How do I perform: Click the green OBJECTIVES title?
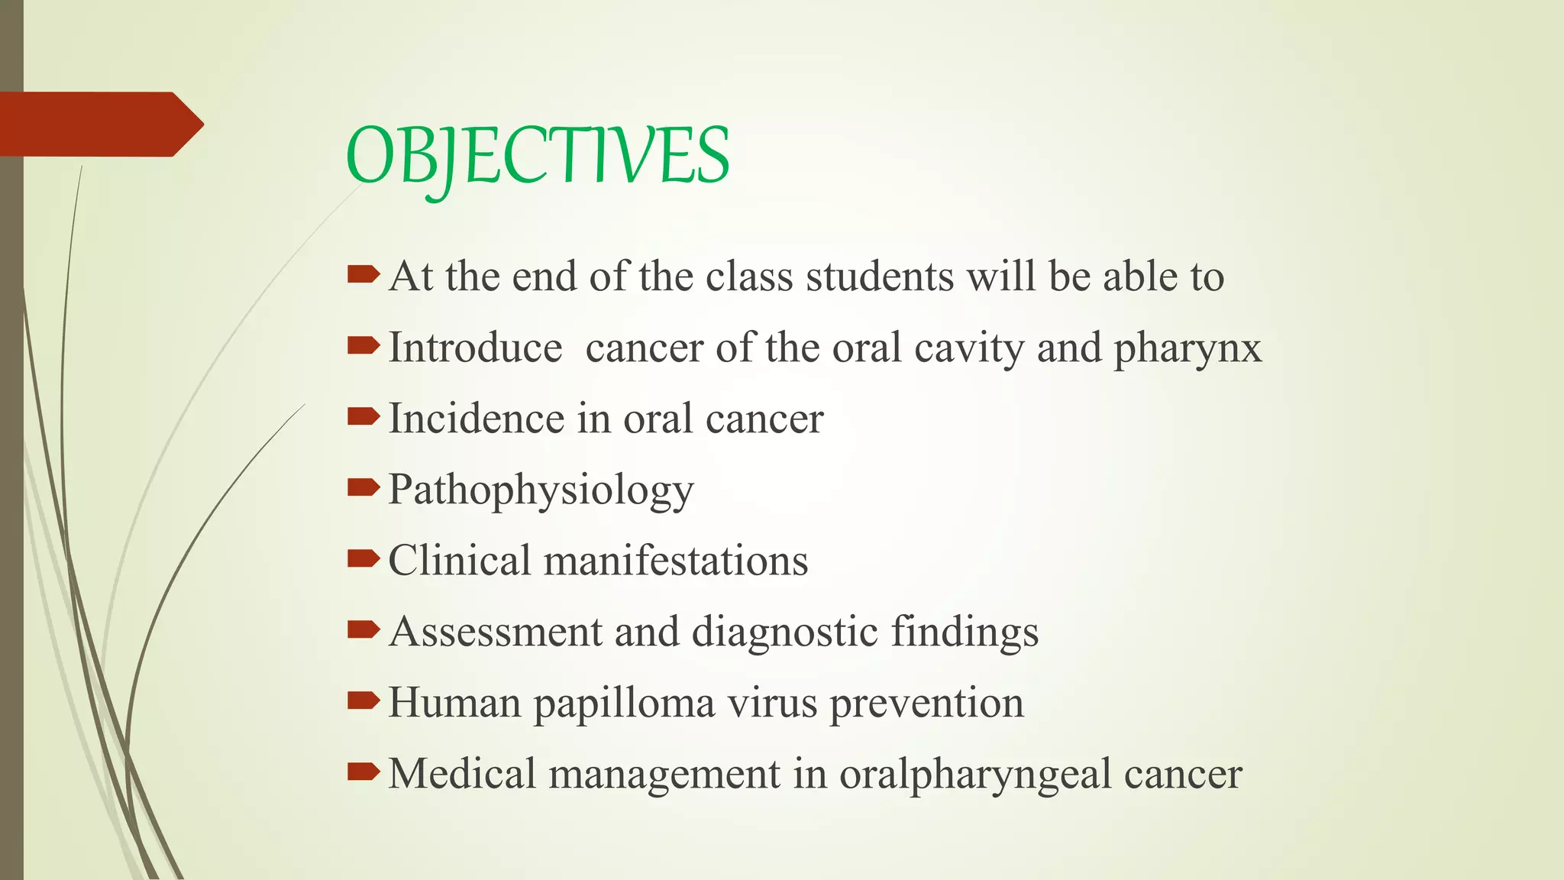coord(538,157)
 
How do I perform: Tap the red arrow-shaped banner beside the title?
coord(99,124)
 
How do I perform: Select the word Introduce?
coord(475,348)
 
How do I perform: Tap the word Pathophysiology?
coord(541,490)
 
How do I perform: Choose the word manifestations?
coord(675,561)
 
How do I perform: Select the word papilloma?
coord(624,704)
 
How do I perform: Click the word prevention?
coord(926,704)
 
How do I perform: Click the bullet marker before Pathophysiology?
coord(363,487)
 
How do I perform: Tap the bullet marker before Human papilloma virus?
coord(363,700)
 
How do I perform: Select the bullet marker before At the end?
coord(363,274)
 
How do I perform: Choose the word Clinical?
coord(459,561)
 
